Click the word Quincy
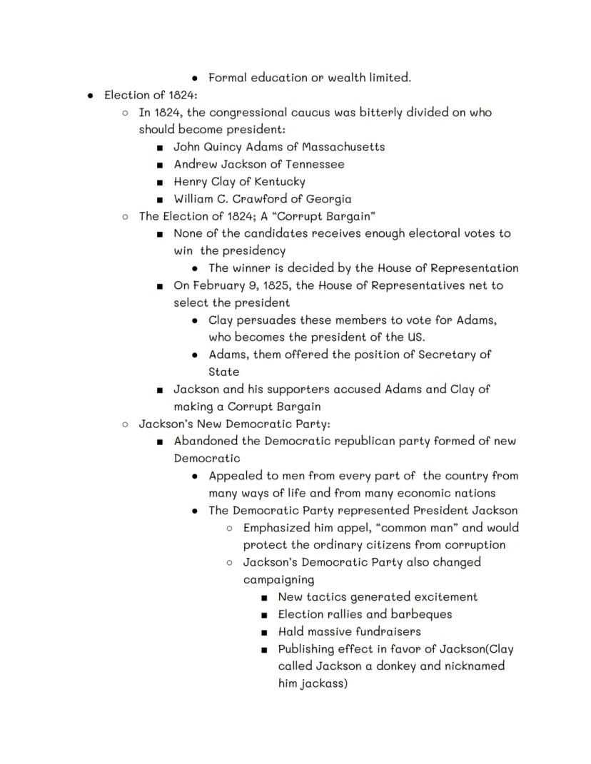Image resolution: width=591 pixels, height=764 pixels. [227, 147]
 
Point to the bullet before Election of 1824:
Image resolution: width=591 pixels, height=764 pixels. [91, 96]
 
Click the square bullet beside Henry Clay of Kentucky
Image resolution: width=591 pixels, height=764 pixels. [160, 182]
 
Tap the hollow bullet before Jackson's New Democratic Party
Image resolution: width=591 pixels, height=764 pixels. [126, 424]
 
